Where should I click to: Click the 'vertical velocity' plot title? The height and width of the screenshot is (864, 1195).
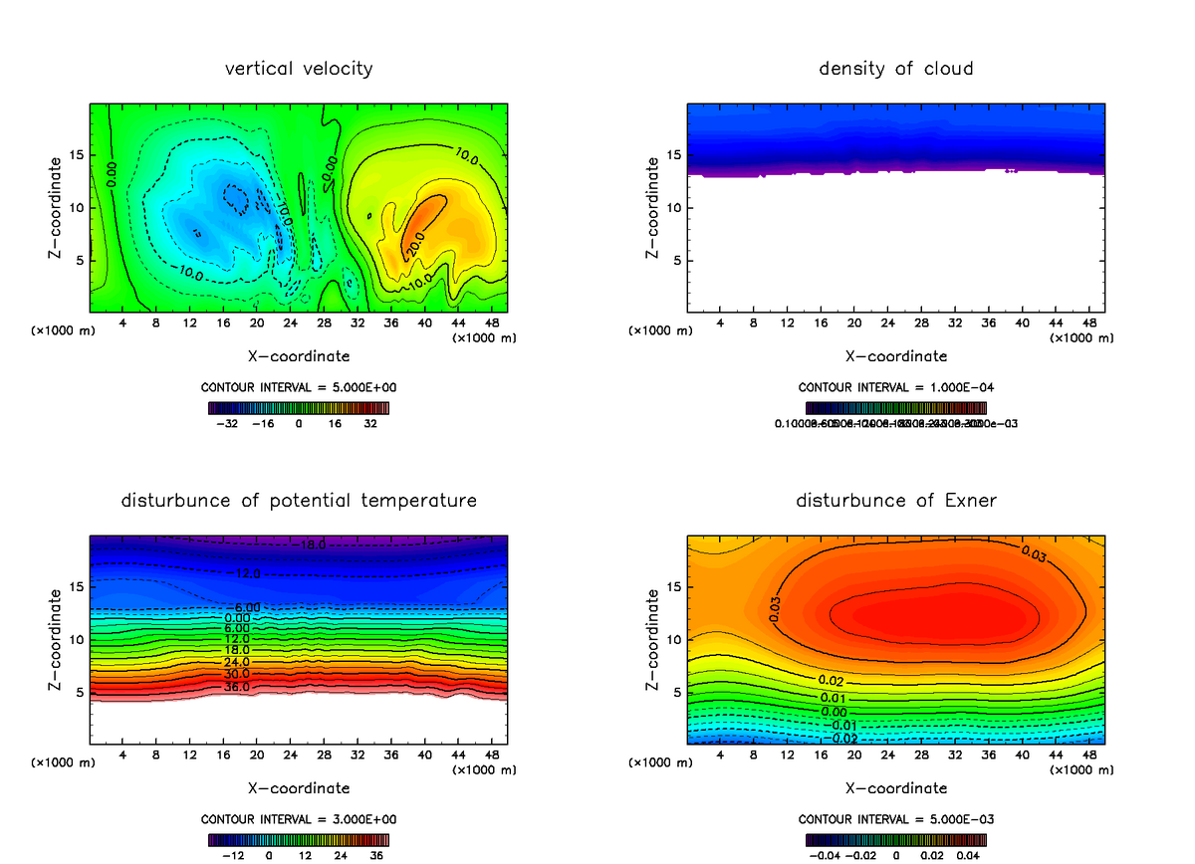(299, 69)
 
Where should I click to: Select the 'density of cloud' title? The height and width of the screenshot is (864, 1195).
(896, 69)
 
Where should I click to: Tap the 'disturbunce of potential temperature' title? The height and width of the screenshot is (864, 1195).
(299, 500)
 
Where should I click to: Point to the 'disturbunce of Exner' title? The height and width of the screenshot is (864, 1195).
(896, 500)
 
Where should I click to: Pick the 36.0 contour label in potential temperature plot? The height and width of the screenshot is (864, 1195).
(237, 687)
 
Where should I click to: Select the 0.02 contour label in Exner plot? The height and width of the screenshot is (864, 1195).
(832, 680)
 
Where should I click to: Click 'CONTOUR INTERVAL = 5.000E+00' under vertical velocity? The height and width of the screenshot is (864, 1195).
(299, 387)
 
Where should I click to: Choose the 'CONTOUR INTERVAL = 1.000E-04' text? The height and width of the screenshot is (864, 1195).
(896, 387)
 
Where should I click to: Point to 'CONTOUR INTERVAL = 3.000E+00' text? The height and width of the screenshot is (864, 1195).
(299, 819)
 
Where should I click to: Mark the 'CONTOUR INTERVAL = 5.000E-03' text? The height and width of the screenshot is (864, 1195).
(896, 819)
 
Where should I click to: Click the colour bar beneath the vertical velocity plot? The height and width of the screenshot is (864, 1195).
(299, 407)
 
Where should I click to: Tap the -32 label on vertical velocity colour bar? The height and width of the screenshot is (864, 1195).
(231, 423)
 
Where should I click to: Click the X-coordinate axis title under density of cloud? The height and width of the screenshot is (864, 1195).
(896, 356)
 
